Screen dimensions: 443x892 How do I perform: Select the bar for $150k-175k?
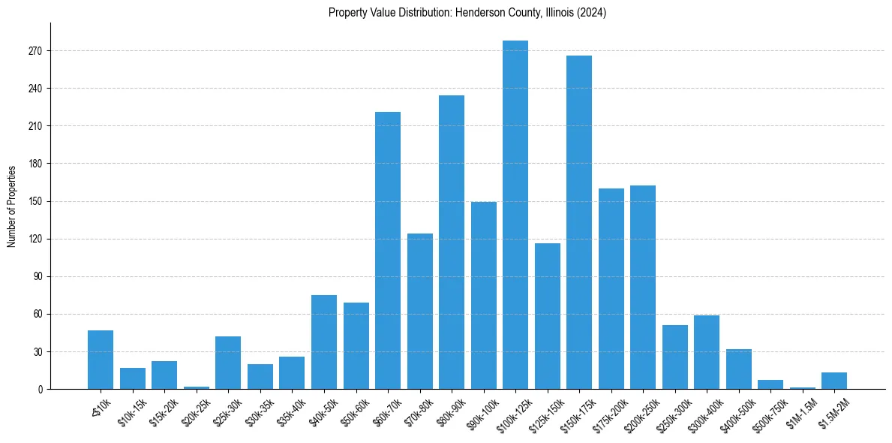coord(579,222)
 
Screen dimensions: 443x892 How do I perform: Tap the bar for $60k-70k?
coord(388,251)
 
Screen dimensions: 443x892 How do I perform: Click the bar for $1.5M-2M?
coord(834,381)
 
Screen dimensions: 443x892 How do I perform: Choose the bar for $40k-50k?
coord(324,342)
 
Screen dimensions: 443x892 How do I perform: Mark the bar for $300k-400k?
coord(707,352)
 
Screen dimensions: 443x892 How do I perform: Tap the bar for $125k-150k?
coord(548,316)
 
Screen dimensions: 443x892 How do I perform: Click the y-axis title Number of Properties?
coord(12,206)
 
